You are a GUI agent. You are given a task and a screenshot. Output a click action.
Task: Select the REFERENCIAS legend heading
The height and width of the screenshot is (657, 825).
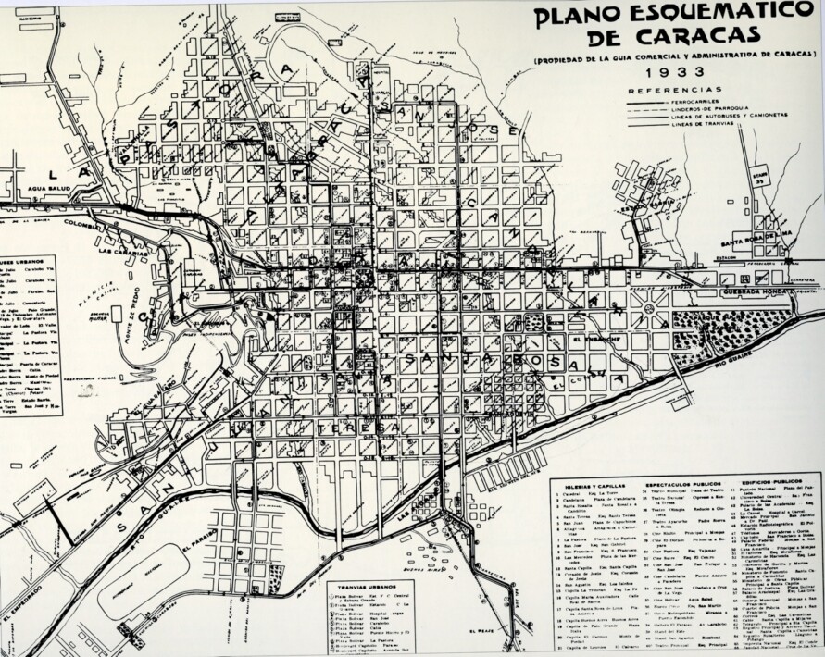tap(674, 91)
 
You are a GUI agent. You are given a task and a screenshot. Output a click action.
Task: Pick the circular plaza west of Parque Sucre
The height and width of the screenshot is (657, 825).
tap(649, 308)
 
